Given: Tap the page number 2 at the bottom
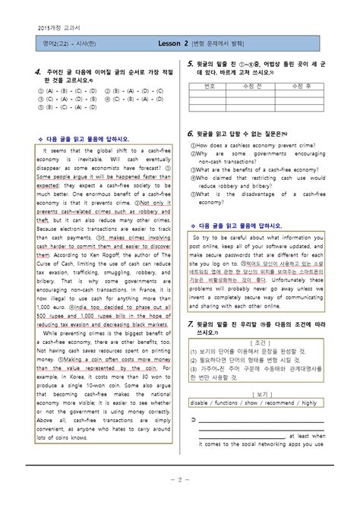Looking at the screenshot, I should click(x=179, y=478).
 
